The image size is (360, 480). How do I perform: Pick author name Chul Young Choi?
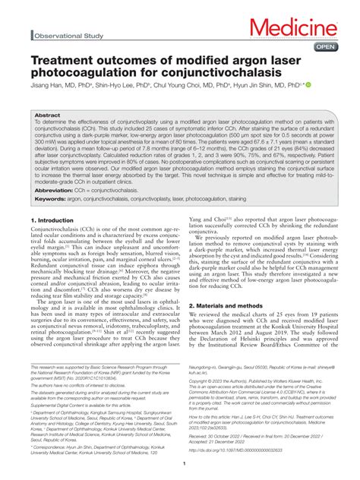pos(200,87)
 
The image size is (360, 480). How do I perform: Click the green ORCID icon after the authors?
pos(308,86)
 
